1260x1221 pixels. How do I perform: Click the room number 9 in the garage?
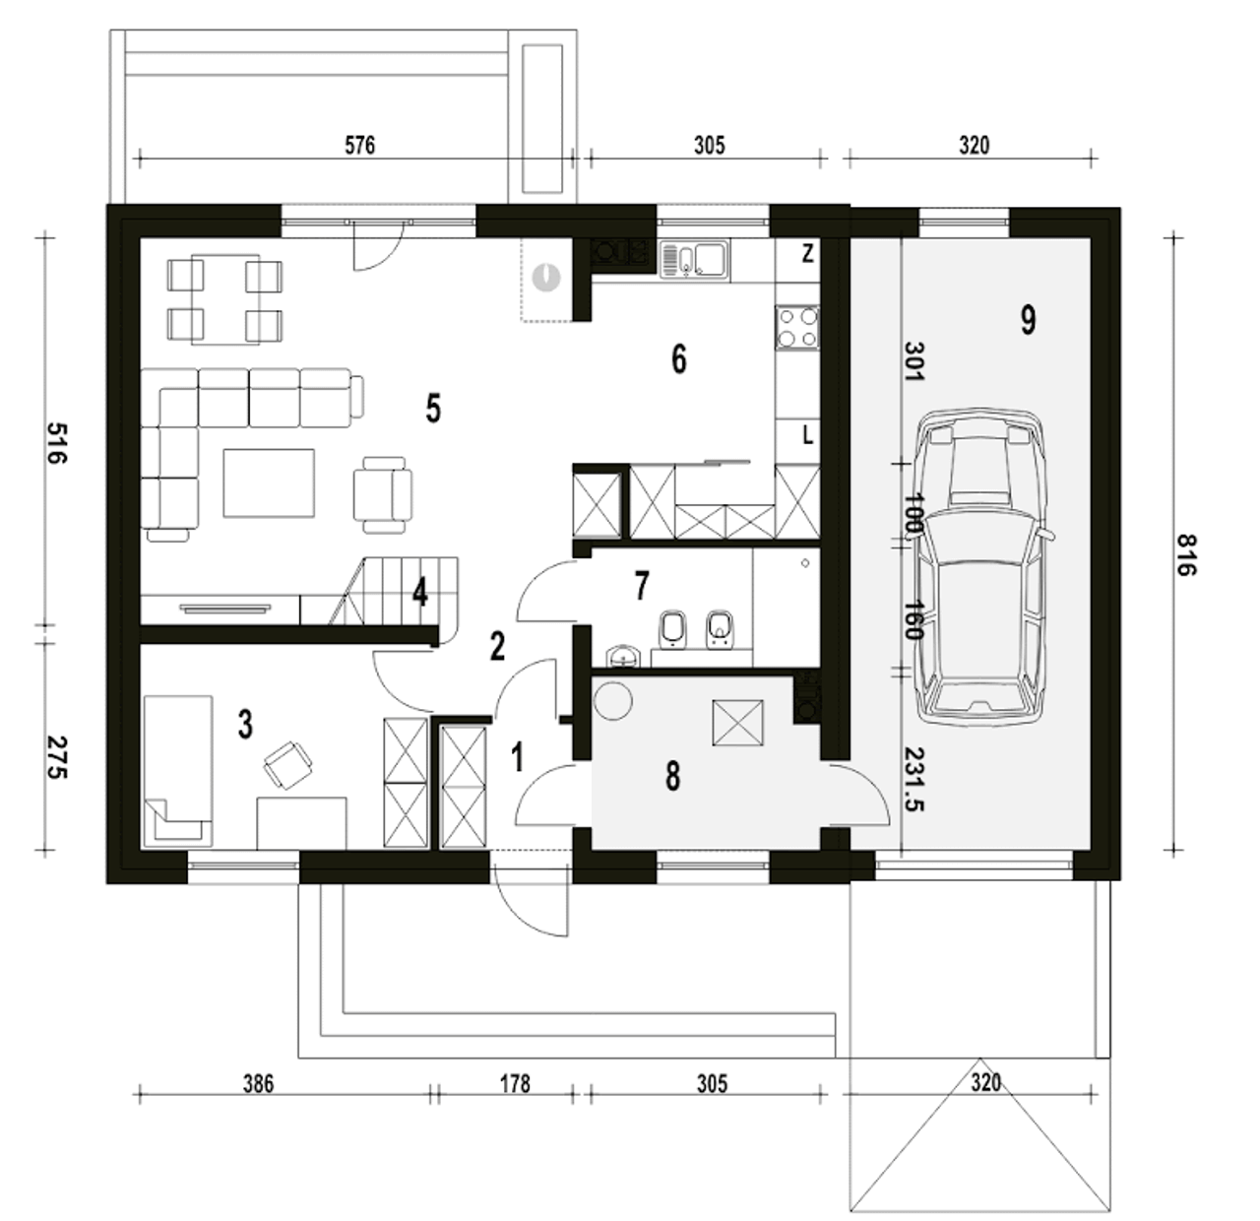coord(1028,320)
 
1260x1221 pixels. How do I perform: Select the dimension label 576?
coord(359,145)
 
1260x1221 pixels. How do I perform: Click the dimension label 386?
coord(258,1083)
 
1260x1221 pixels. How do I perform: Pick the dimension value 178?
coord(515,1083)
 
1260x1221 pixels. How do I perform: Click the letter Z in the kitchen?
coord(807,253)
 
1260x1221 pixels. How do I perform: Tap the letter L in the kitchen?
coord(807,435)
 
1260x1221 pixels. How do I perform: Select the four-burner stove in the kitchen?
coord(797,327)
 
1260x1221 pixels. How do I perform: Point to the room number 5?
coord(433,408)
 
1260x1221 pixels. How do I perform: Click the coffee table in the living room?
coord(269,483)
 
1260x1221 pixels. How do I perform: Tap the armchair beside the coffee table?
coord(383,495)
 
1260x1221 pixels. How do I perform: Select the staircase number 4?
coord(420,592)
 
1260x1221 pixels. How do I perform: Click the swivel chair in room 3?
coord(287,765)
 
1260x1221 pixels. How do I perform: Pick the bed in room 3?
coord(178,770)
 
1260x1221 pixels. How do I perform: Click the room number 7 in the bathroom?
coord(641,586)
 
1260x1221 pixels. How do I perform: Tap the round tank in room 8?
coord(612,701)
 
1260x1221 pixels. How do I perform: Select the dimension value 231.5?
coord(914,780)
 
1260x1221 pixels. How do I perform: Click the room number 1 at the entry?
coord(517,757)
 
